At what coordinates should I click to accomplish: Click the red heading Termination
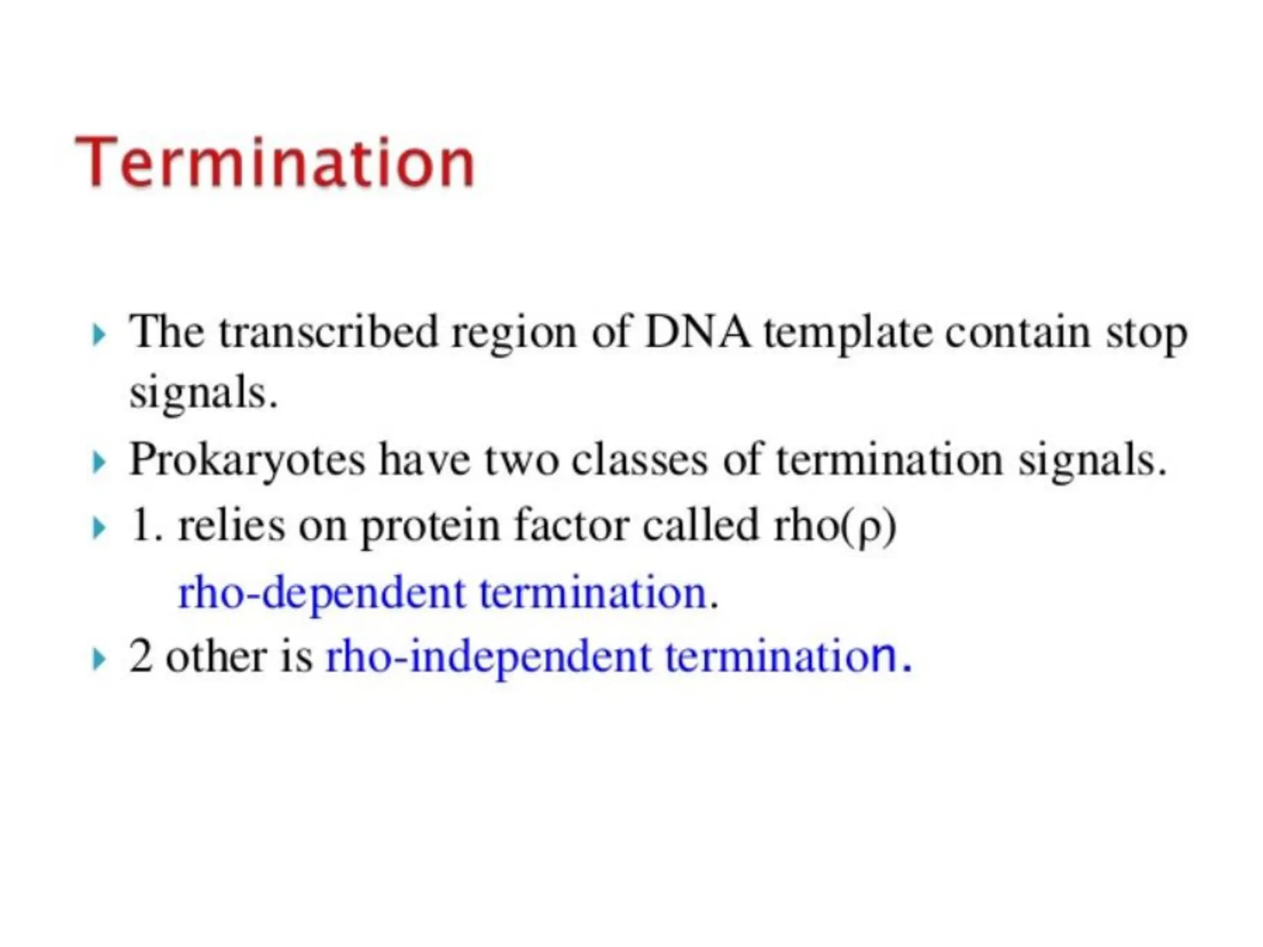tap(275, 162)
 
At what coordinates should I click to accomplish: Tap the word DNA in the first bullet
tap(697, 333)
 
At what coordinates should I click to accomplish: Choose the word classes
tap(639, 460)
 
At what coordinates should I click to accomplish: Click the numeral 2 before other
tap(141, 656)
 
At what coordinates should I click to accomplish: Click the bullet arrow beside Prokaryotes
tap(97, 462)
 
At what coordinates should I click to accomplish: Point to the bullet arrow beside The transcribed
tap(97, 335)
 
